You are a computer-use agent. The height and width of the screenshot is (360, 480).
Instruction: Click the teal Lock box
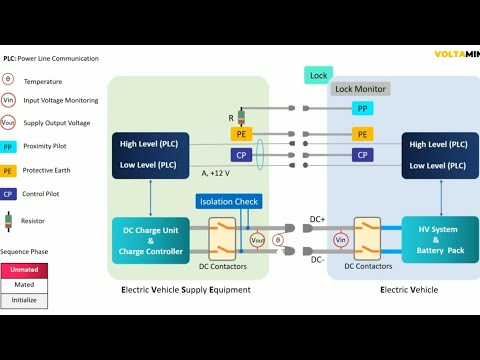point(318,75)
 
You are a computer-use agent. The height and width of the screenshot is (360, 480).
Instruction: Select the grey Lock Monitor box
point(359,89)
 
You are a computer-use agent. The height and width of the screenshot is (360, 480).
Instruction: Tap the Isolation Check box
point(229,201)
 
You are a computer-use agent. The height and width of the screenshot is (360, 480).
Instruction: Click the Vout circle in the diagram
point(257,240)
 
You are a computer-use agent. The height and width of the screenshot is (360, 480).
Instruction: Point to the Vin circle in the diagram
point(340,240)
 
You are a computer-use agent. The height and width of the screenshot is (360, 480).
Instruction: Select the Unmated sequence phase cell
point(24,270)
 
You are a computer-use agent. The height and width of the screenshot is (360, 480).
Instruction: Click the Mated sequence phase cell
point(24,285)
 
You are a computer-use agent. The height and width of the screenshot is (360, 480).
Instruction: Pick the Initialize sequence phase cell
point(24,300)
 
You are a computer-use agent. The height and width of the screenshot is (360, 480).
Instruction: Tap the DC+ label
point(317,219)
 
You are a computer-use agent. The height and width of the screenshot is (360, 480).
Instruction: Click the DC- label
point(316,260)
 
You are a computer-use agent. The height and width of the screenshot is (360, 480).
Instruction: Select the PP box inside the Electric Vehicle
point(362,108)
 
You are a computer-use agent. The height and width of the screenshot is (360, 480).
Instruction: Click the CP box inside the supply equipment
point(241,155)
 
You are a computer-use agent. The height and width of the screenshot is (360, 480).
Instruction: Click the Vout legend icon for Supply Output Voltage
point(8,122)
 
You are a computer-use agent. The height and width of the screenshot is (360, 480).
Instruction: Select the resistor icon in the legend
point(8,220)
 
